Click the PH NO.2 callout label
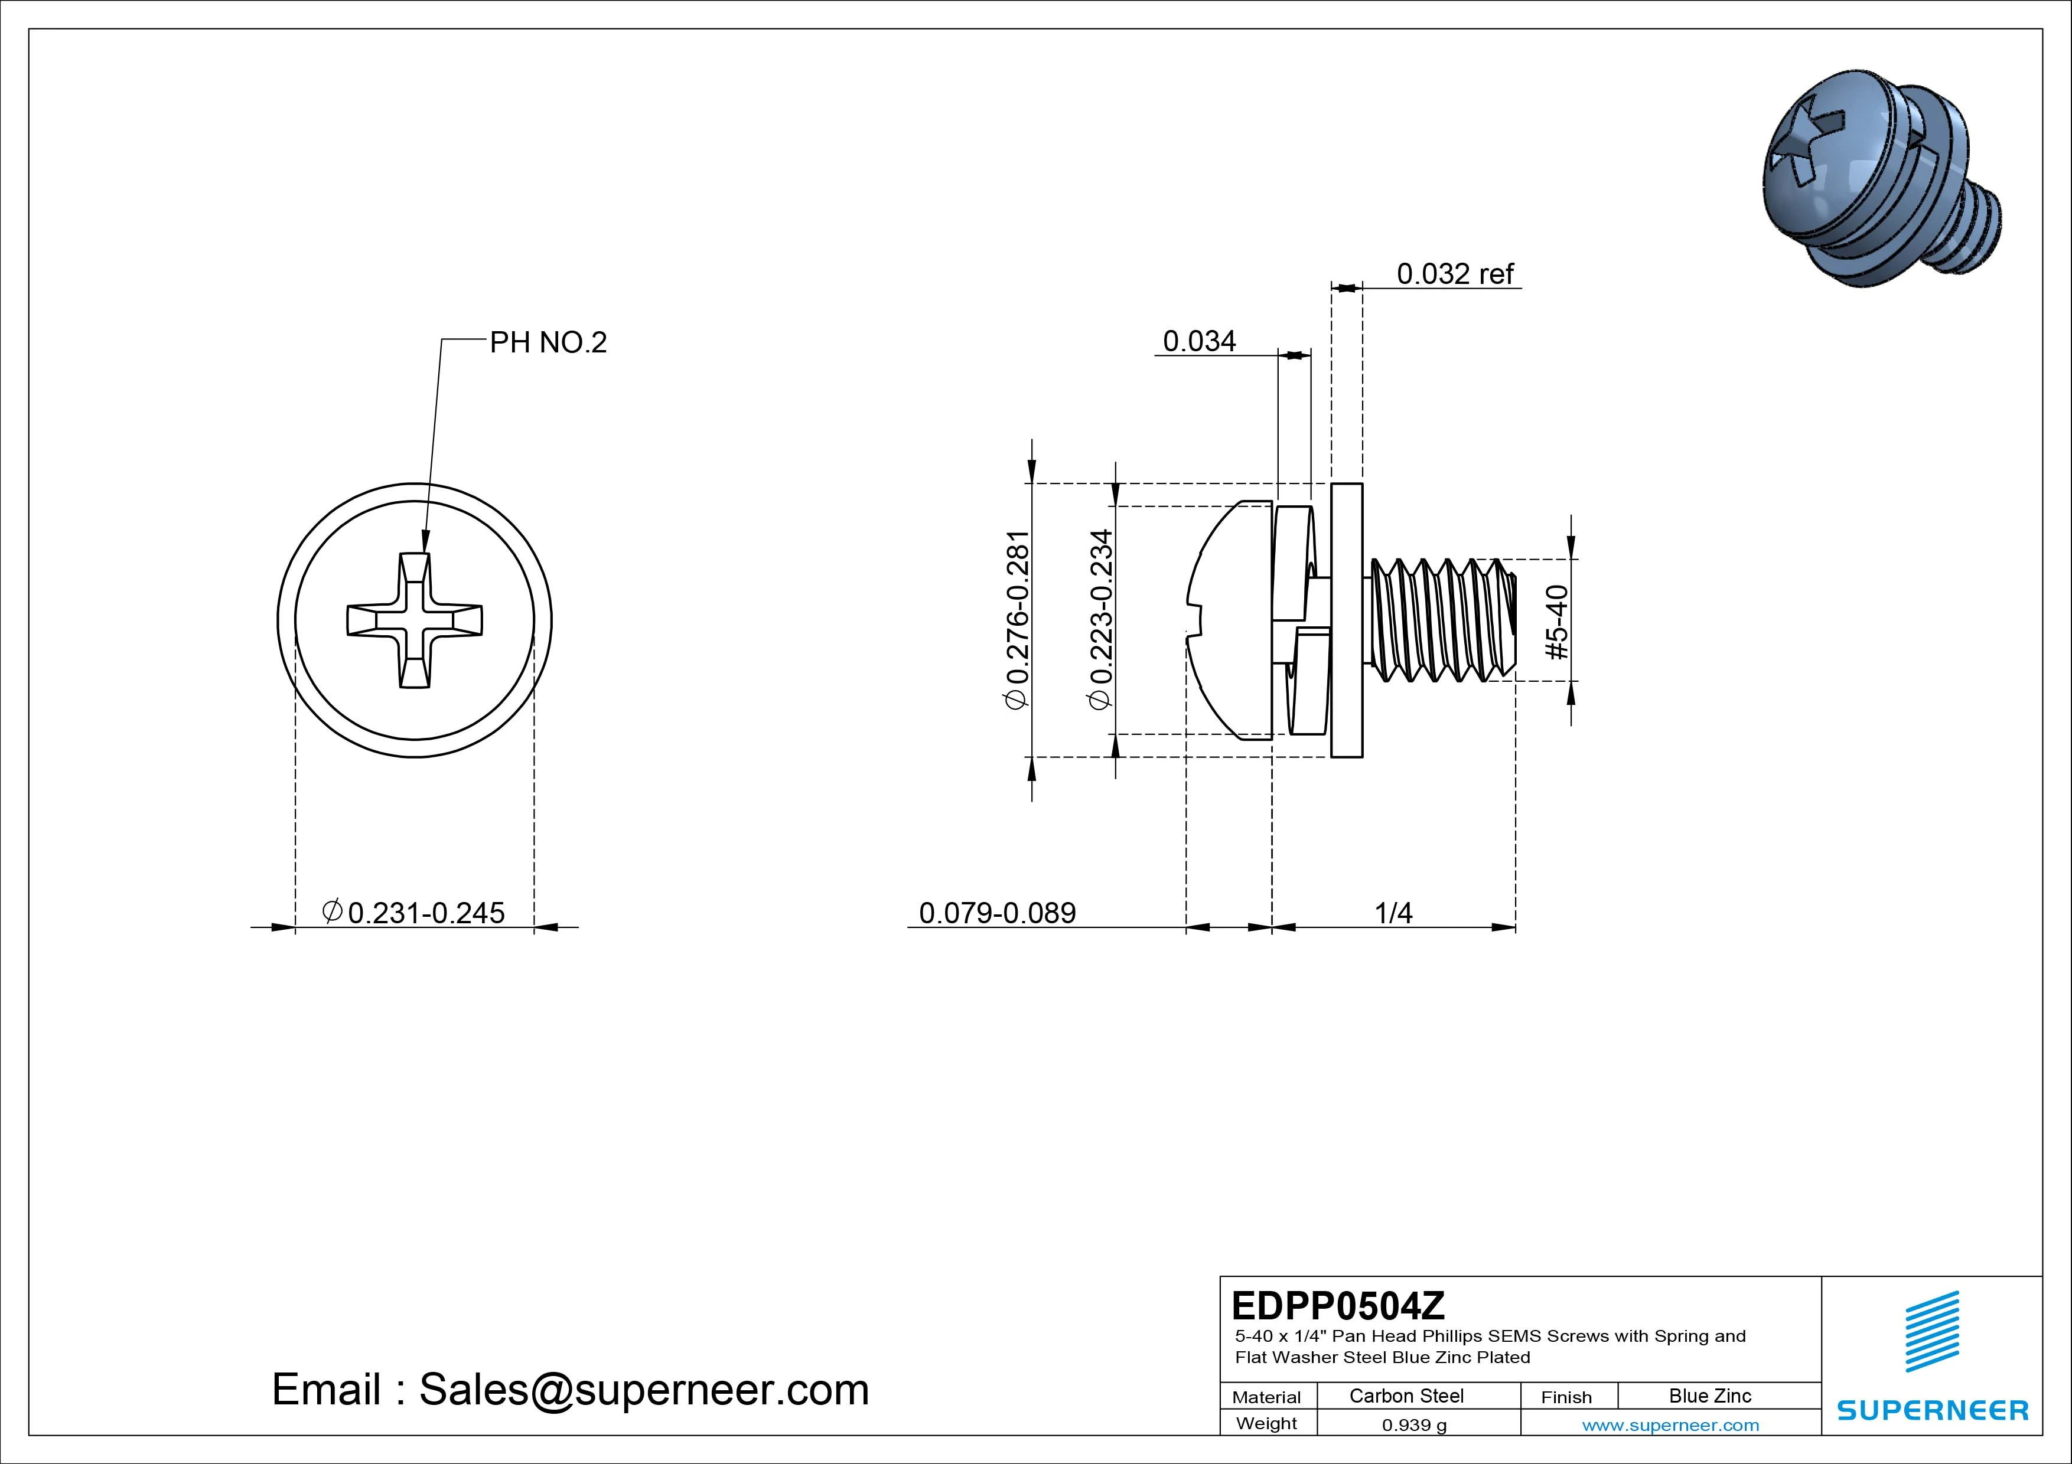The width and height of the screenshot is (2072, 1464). point(548,343)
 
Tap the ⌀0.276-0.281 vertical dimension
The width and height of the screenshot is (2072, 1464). point(1017,620)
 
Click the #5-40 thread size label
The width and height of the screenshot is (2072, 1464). point(1558,622)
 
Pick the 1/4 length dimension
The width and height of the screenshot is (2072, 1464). point(1393,913)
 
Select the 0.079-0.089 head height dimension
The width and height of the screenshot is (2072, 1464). point(997,913)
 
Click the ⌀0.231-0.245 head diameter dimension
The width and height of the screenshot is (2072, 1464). point(414,912)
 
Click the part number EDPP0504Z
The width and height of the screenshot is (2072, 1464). point(1337,1305)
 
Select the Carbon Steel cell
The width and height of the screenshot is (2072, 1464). point(1406,1396)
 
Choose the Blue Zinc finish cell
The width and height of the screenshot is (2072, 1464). point(1709,1396)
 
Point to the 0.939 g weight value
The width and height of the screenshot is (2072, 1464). point(1414,1425)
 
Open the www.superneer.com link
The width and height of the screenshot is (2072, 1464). point(1670,1425)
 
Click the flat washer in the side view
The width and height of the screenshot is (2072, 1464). point(1347,620)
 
